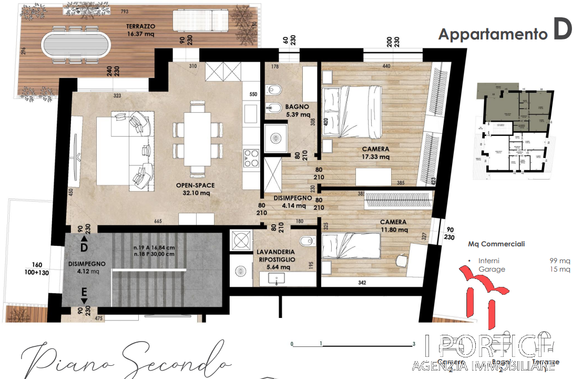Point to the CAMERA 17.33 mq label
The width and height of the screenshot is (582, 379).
pyautogui.click(x=375, y=153)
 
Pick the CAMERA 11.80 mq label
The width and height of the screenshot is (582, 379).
pyautogui.click(x=394, y=226)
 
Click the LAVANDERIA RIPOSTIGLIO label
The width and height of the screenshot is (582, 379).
pyautogui.click(x=276, y=259)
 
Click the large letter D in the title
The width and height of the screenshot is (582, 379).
pyautogui.click(x=561, y=31)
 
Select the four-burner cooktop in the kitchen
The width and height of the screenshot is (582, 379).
pyautogui.click(x=250, y=157)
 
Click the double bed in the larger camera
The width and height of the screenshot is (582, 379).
pyautogui.click(x=351, y=111)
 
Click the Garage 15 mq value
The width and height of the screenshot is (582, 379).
pyautogui.click(x=564, y=269)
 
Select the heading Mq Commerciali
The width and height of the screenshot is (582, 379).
pyautogui.click(x=496, y=244)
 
